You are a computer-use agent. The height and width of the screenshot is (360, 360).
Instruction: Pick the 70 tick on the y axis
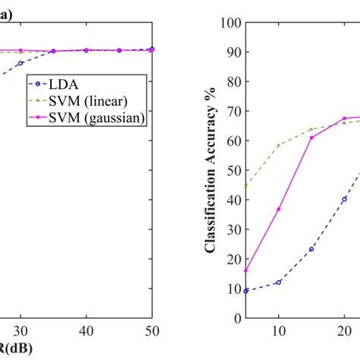click(235, 112)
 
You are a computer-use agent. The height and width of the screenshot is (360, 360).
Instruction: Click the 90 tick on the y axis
click(235, 52)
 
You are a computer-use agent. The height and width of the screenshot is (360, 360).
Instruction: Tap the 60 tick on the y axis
click(235, 141)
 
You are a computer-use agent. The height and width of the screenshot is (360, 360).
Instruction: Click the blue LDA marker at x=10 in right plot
click(279, 283)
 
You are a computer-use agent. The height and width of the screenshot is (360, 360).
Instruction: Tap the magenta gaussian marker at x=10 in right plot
click(279, 209)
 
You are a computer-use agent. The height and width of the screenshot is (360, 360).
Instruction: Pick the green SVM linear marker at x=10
click(279, 145)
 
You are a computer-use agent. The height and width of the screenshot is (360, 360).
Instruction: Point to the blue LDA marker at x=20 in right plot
click(344, 199)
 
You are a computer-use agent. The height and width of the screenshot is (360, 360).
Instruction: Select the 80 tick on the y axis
click(235, 82)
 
